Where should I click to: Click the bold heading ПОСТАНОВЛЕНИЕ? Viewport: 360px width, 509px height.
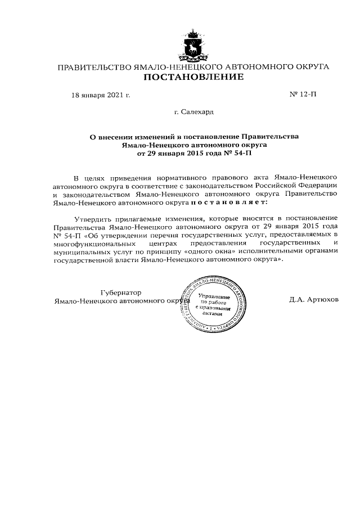[192, 78]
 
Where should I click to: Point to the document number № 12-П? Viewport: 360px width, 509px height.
[303, 94]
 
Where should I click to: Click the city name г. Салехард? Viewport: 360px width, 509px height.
[193, 112]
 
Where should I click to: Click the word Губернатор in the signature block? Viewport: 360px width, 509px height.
[121, 292]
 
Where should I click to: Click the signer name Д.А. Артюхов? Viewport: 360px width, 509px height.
[314, 300]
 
